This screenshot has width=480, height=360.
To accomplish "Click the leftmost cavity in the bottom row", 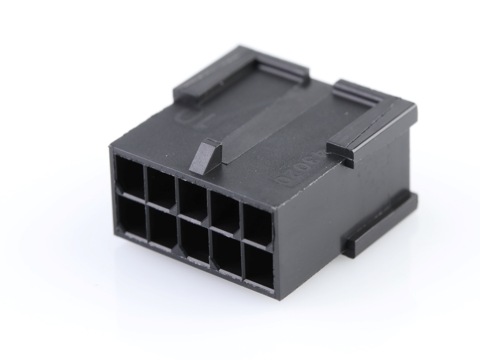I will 131,214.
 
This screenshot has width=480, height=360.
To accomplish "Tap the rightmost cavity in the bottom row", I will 259,267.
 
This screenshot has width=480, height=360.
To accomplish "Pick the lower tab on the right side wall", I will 380,225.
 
